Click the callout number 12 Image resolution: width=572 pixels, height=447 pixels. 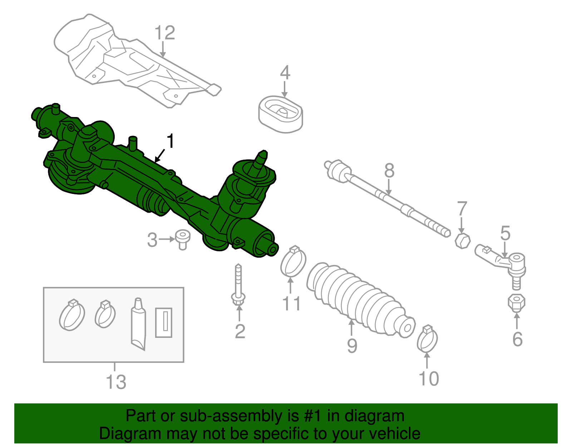click(165, 33)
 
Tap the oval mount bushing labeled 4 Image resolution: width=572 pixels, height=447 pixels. click(281, 114)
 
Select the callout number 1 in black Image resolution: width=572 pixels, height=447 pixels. click(171, 141)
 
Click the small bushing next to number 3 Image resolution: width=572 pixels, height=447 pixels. click(183, 239)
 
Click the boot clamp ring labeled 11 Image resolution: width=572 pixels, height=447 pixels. click(294, 263)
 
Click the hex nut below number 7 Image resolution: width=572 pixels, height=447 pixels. click(463, 240)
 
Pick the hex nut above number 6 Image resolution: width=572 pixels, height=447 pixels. click(516, 303)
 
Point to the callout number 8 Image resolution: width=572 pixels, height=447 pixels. click(389, 170)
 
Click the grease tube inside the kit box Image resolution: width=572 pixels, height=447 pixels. click(139, 324)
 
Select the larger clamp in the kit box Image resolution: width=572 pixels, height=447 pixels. click(72, 315)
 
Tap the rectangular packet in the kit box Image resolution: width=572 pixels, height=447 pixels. click(164, 322)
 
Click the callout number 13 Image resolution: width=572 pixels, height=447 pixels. click(116, 382)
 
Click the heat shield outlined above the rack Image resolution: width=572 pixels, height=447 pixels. click(136, 61)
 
